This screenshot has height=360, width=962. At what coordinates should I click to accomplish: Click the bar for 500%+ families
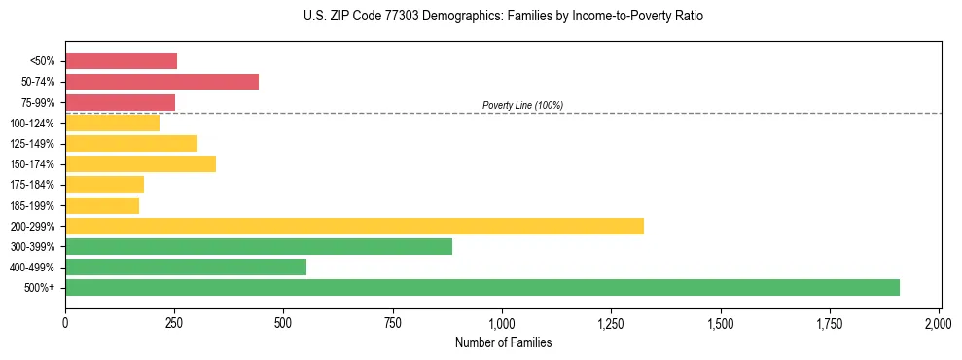(481, 287)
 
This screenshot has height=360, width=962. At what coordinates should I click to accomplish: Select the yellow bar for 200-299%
(354, 226)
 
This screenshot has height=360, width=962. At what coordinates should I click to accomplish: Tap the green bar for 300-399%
(259, 246)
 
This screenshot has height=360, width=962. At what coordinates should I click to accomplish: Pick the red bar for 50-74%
(161, 82)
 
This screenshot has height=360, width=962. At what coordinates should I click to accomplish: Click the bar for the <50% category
(121, 61)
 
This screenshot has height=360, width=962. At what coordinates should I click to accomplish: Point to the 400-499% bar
(186, 267)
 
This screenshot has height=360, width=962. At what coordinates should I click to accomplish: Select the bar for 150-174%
(140, 163)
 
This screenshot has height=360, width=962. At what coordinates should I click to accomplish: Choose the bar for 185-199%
(102, 205)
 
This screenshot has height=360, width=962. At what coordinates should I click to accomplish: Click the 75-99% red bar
(120, 102)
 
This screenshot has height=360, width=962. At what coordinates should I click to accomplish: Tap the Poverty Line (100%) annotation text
(522, 105)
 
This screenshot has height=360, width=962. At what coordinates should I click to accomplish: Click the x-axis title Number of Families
(503, 342)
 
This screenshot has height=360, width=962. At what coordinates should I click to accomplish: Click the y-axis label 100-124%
(32, 124)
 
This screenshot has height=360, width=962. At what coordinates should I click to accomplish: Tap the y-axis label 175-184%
(32, 185)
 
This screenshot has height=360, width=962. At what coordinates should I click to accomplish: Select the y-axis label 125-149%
(32, 144)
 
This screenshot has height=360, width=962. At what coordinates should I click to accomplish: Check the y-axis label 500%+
(40, 288)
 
